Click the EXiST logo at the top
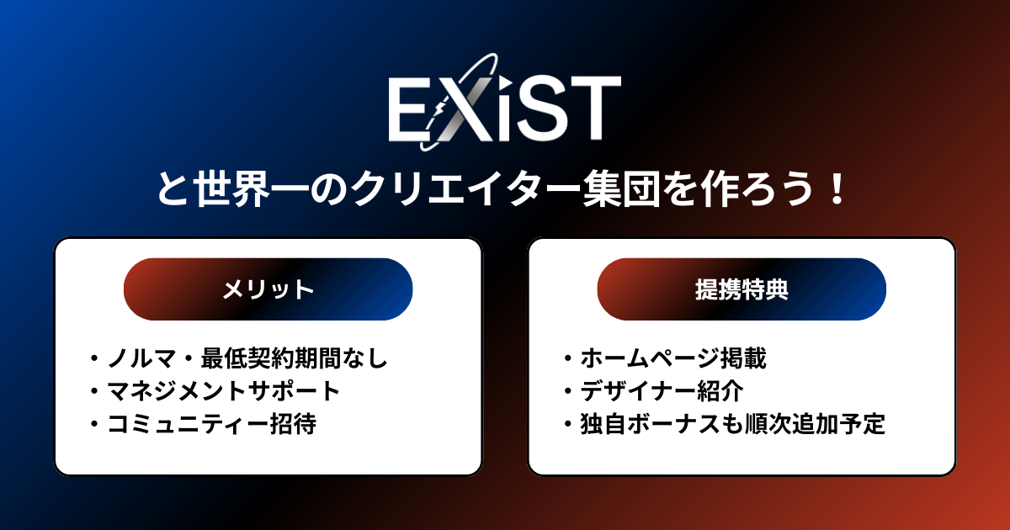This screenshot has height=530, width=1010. point(503,108)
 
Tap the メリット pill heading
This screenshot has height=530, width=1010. point(268,289)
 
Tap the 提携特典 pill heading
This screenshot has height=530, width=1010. point(742,289)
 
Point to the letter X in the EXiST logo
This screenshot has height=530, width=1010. point(463,109)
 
